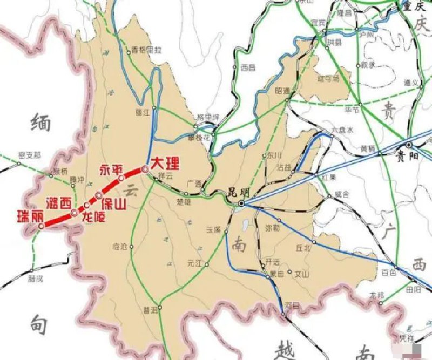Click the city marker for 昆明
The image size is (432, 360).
(x=241, y=203)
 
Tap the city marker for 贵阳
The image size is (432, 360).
(x=409, y=145)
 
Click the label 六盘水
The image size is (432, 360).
(x=342, y=130)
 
